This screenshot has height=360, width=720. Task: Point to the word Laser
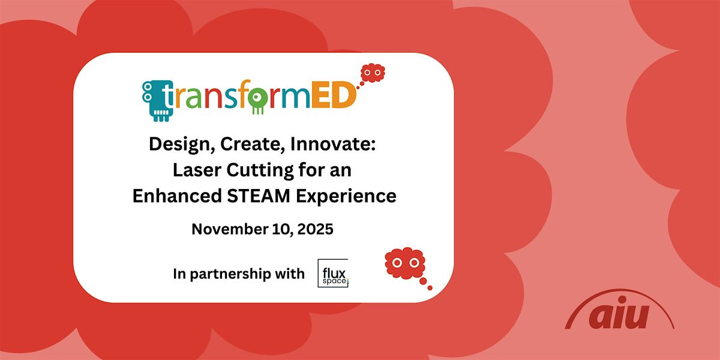[193, 170]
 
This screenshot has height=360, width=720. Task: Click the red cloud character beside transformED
[372, 73]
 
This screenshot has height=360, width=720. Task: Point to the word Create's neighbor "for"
[311, 170]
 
